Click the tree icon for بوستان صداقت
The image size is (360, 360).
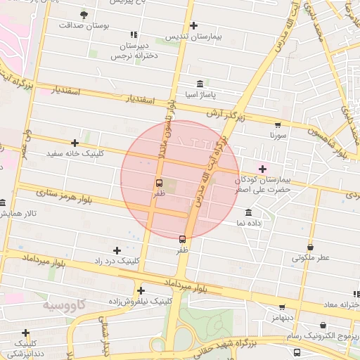click(x=84, y=14)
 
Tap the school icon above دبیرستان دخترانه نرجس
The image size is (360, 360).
click(x=134, y=34)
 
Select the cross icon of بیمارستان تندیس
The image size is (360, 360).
click(x=194, y=26)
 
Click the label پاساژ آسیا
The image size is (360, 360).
click(x=200, y=94)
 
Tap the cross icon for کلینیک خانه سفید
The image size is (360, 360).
click(x=75, y=143)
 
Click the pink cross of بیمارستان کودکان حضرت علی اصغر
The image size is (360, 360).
click(x=263, y=169)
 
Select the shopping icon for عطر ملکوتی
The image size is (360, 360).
click(x=311, y=247)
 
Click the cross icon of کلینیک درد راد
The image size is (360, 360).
click(x=117, y=250)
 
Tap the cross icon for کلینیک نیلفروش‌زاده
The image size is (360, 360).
click(x=141, y=290)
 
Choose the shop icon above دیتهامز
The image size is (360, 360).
click(x=283, y=307)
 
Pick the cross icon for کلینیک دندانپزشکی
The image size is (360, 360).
click(x=26, y=333)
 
